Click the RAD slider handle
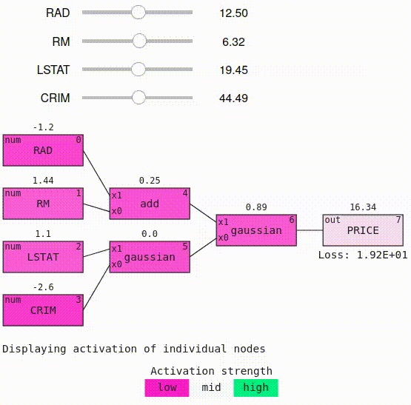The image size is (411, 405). [138, 13]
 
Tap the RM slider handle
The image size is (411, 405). [138, 41]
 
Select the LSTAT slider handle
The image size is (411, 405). [138, 70]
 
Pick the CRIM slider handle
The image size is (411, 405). [138, 98]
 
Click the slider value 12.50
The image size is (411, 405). [234, 13]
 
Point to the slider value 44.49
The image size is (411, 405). [234, 98]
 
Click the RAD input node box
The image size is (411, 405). [43, 150]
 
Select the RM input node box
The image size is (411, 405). [43, 204]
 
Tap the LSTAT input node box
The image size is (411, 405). [43, 257]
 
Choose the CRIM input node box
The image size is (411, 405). [43, 309]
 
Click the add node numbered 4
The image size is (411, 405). [150, 204]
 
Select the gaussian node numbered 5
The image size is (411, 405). [150, 257]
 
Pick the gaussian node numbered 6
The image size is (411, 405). [256, 230]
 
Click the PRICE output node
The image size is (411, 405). [363, 230]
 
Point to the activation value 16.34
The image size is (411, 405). [363, 207]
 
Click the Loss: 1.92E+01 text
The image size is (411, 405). [363, 255]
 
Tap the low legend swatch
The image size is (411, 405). [167, 387]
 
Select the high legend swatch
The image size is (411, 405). [255, 387]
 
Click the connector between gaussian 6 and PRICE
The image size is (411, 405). [310, 230]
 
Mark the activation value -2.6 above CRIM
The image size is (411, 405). [43, 287]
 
